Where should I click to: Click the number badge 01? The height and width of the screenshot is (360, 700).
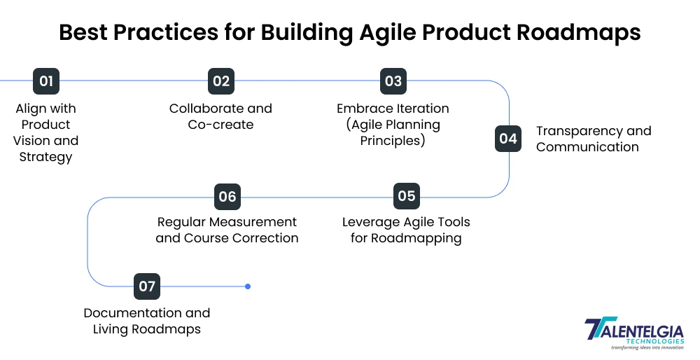46,81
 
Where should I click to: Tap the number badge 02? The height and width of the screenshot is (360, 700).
221,81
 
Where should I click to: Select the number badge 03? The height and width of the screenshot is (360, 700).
393,81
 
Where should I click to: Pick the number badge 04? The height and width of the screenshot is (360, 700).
508,139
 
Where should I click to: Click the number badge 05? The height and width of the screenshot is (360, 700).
407,196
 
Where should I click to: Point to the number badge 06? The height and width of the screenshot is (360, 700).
227,197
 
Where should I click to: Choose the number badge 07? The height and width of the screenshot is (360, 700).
147,286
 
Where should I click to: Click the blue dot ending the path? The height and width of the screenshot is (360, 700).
248,286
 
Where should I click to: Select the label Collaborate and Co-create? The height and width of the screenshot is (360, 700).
220,117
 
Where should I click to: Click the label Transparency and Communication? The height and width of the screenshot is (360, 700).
594,139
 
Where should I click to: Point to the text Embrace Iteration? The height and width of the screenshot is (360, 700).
393,109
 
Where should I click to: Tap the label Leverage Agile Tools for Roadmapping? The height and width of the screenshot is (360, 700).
406,230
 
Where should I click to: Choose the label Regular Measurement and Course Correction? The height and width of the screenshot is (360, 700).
227,230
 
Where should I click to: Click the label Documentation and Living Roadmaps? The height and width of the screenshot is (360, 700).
147,321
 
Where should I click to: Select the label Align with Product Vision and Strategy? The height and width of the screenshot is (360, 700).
46,132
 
